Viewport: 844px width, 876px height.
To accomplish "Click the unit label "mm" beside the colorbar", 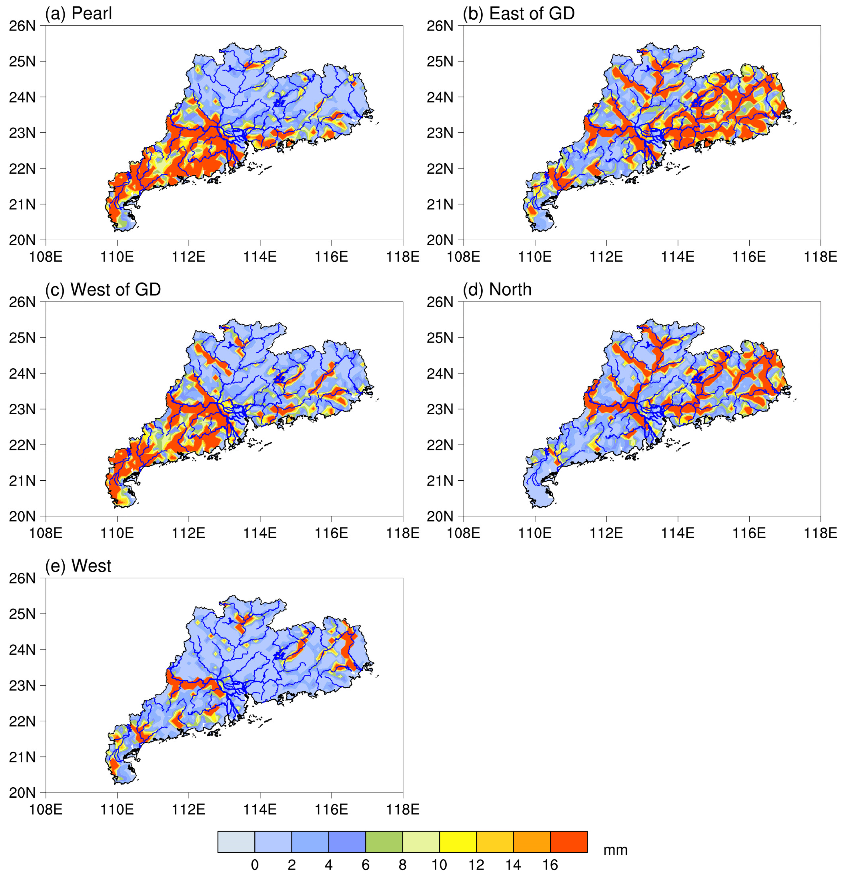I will click(615, 850).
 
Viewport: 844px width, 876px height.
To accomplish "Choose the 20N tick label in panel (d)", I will click(440, 516).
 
